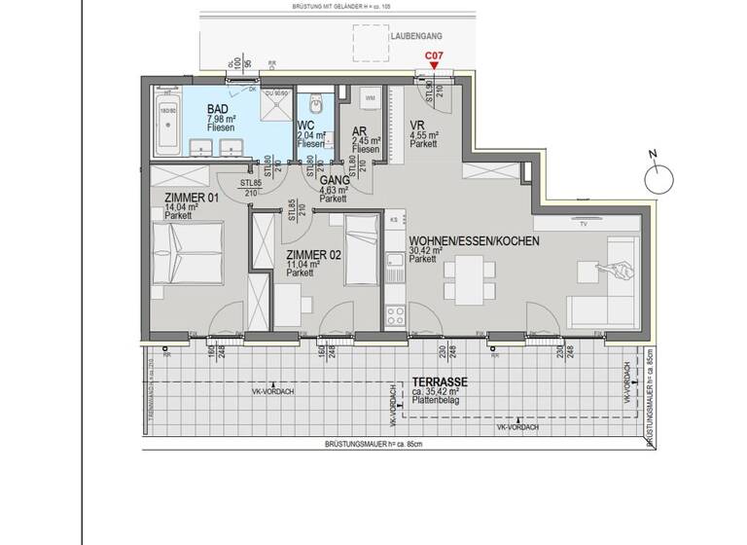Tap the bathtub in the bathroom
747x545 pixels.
pos(167,124)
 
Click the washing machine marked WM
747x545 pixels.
pos(370,100)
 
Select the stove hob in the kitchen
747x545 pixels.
pos(396,315)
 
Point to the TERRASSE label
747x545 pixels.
pos(439,382)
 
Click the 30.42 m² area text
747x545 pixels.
pos(426,250)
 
